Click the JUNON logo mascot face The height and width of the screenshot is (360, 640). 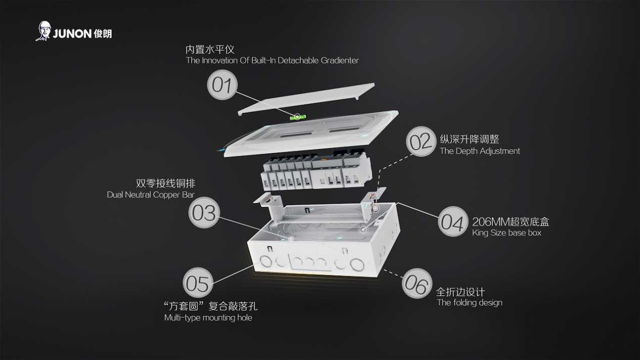coord(44,31)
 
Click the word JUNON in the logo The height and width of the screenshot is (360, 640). coord(72,34)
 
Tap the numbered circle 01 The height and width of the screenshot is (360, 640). coord(222,84)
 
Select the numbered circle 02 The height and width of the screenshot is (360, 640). coord(421,141)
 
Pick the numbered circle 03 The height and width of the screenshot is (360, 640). coord(204,213)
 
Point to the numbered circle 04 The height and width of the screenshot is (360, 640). coord(453,222)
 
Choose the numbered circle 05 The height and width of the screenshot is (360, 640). coord(198,282)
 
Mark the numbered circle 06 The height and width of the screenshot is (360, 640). coord(417,283)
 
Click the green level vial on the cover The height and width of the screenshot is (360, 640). coord(298,117)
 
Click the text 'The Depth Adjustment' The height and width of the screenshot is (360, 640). coord(479,151)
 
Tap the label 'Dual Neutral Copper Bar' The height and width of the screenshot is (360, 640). coord(151,194)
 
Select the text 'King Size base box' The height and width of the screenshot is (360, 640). coord(506,233)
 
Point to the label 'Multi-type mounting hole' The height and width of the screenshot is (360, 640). coord(208,318)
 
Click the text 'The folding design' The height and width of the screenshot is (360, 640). coord(469,302)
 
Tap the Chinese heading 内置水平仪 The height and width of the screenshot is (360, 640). coord(210,49)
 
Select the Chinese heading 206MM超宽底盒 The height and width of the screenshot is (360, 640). coord(510,222)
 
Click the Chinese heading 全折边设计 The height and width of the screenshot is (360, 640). coord(460,292)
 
